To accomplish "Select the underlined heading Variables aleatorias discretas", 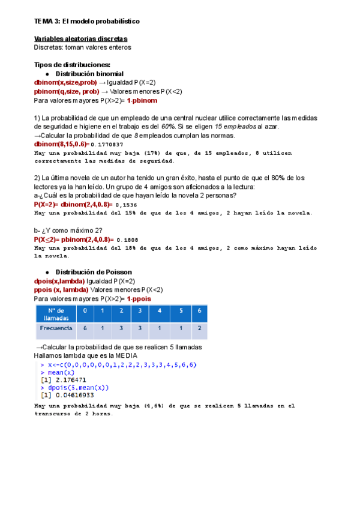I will pos(80,39).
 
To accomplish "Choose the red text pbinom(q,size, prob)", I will pos(67,91).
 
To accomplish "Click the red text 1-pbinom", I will pos(141,100).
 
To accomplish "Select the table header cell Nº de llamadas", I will pos(56,314).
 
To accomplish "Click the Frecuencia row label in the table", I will pos(56,328).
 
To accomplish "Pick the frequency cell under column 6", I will pos(199,328).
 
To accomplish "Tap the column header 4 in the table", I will pos(160,311).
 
